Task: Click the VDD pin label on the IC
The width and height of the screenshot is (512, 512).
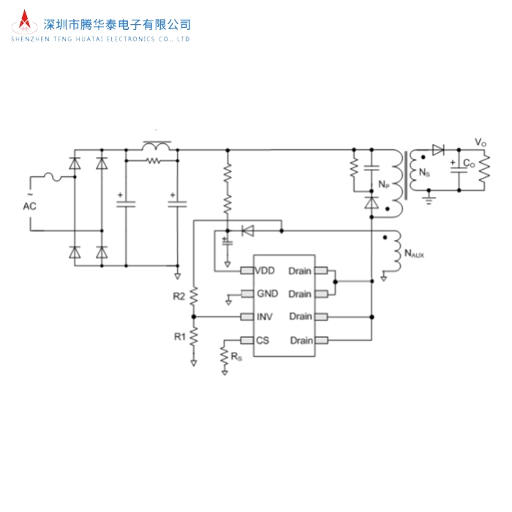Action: click(266, 271)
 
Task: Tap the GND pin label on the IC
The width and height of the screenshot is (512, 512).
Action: click(266, 294)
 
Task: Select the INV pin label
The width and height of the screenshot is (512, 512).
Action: click(264, 317)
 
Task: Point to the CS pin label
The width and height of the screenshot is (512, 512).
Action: click(263, 340)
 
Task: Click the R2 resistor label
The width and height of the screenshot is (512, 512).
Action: click(178, 296)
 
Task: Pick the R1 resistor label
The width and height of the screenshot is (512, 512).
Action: click(178, 336)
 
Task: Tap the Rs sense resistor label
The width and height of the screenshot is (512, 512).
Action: click(236, 356)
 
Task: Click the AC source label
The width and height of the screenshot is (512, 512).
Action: click(29, 206)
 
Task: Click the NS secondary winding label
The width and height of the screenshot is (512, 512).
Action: click(424, 173)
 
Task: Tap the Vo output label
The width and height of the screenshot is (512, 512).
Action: click(480, 142)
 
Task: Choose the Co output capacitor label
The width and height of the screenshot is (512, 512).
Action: click(469, 165)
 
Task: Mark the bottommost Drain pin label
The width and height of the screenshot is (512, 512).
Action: click(301, 340)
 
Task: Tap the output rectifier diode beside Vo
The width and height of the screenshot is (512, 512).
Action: click(438, 150)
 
